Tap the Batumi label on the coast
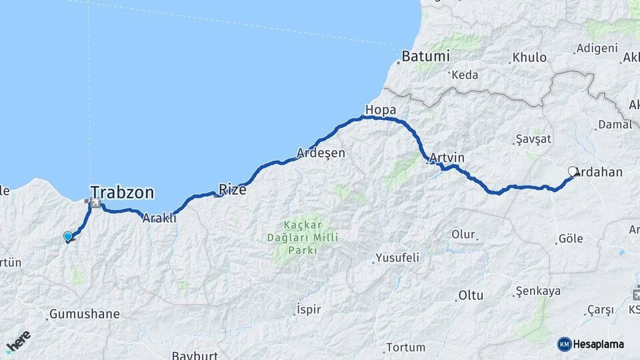pyautogui.click(x=425, y=57)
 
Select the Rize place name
pyautogui.click(x=233, y=189)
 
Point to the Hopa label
pyautogui.click(x=381, y=109)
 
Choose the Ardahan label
pyautogui.click(x=598, y=172)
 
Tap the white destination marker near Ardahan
pyautogui.click(x=573, y=171)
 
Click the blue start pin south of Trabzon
pyautogui.click(x=67, y=236)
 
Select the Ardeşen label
pyautogui.click(x=321, y=153)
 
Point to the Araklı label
pyautogui.click(x=160, y=217)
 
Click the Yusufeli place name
pyautogui.click(x=397, y=257)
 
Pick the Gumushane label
pyautogui.click(x=85, y=313)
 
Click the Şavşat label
pyautogui.click(x=534, y=139)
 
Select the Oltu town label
pyautogui.click(x=471, y=295)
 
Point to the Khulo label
pyautogui.click(x=529, y=57)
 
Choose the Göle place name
pyautogui.click(x=571, y=238)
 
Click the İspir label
pyautogui.click(x=309, y=309)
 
